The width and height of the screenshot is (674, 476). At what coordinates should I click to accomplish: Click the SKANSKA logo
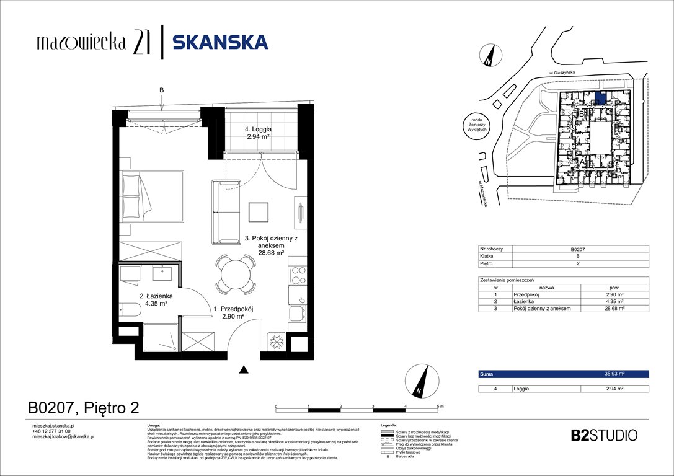220,42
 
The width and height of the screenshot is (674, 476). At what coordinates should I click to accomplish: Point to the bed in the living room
153,196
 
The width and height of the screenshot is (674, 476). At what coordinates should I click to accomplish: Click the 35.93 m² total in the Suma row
614,374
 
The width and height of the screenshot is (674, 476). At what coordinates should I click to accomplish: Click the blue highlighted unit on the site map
600,97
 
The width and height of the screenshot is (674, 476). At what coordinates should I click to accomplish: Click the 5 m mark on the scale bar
440,407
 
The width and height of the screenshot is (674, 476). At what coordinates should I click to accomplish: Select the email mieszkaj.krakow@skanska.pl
63,436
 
